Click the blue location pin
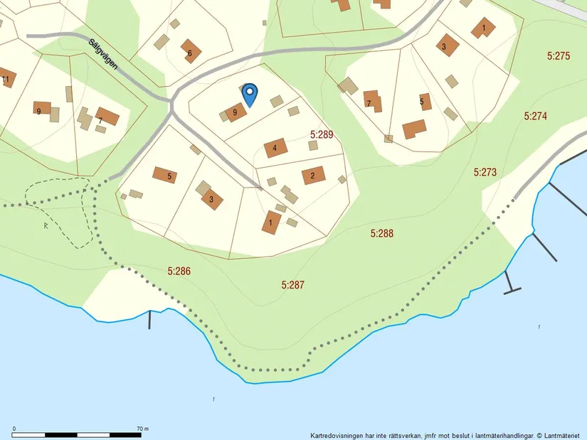tap(250, 95)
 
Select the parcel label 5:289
tap(322, 134)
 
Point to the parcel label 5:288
tap(382, 233)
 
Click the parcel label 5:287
tap(292, 284)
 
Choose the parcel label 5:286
tap(179, 271)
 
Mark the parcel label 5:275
tap(559, 55)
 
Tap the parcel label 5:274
tap(535, 115)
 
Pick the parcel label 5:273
tap(485, 172)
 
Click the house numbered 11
tap(6, 79)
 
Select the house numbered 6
tap(190, 52)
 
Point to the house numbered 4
tap(275, 149)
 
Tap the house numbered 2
tap(312, 175)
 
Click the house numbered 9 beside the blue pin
tap(235, 112)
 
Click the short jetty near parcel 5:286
tap(150, 319)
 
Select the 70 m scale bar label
tap(142, 429)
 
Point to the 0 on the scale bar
tap(15, 429)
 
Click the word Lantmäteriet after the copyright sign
tap(563, 435)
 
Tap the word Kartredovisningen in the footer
tap(334, 435)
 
